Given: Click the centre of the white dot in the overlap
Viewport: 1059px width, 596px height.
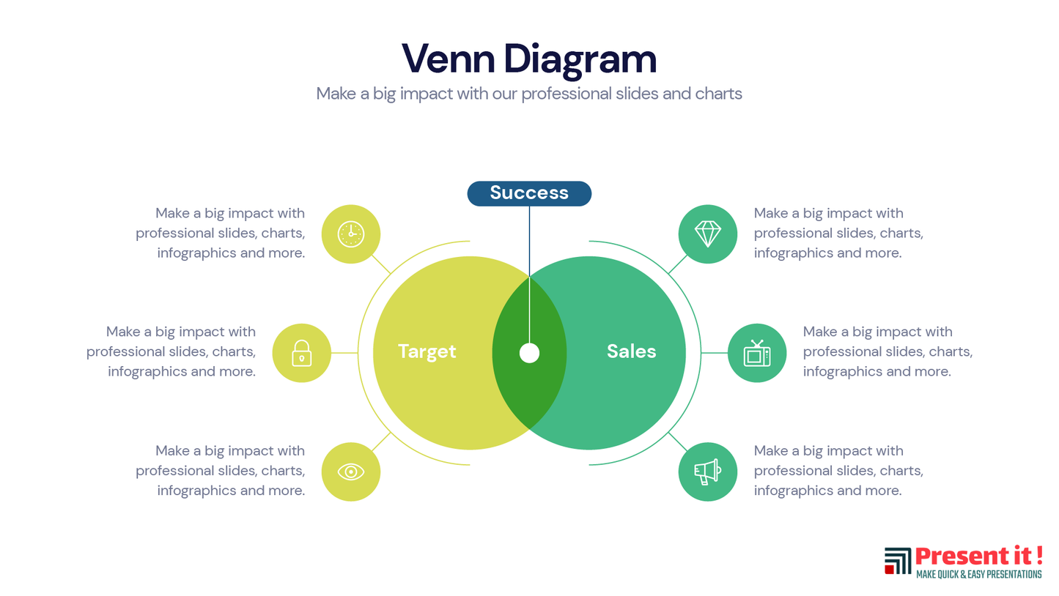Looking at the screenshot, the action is (x=529, y=353).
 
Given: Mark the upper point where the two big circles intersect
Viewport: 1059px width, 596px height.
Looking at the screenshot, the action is (x=529, y=277).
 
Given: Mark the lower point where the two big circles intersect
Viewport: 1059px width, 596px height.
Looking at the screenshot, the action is (x=529, y=429).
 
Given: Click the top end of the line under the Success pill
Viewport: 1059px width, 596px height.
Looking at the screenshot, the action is (x=529, y=206).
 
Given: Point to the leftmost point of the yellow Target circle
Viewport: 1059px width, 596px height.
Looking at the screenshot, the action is (x=373, y=353).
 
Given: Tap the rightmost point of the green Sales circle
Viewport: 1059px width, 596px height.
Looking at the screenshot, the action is (x=686, y=353).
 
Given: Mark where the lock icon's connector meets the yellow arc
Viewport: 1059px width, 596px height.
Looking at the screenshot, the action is (x=358, y=353).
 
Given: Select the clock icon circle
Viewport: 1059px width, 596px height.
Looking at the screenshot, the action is (x=351, y=234).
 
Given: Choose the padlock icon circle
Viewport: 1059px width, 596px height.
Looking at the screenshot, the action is (x=302, y=353).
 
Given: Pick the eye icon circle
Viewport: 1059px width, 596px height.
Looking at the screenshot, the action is (x=351, y=472).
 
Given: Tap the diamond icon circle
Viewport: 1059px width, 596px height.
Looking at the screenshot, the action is (x=708, y=234).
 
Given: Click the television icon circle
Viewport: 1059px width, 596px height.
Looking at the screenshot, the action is (x=757, y=353).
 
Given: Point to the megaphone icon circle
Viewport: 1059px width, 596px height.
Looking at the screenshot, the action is (x=708, y=472).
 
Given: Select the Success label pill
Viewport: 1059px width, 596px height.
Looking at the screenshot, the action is (x=529, y=193).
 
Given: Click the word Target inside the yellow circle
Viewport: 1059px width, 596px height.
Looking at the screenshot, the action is (x=427, y=352).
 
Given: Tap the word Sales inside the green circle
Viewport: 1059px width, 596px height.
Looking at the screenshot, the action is (x=631, y=351).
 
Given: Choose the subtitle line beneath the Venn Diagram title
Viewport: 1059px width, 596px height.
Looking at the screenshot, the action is (x=529, y=94).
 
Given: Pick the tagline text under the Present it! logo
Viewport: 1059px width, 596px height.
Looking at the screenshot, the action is (x=979, y=574).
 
